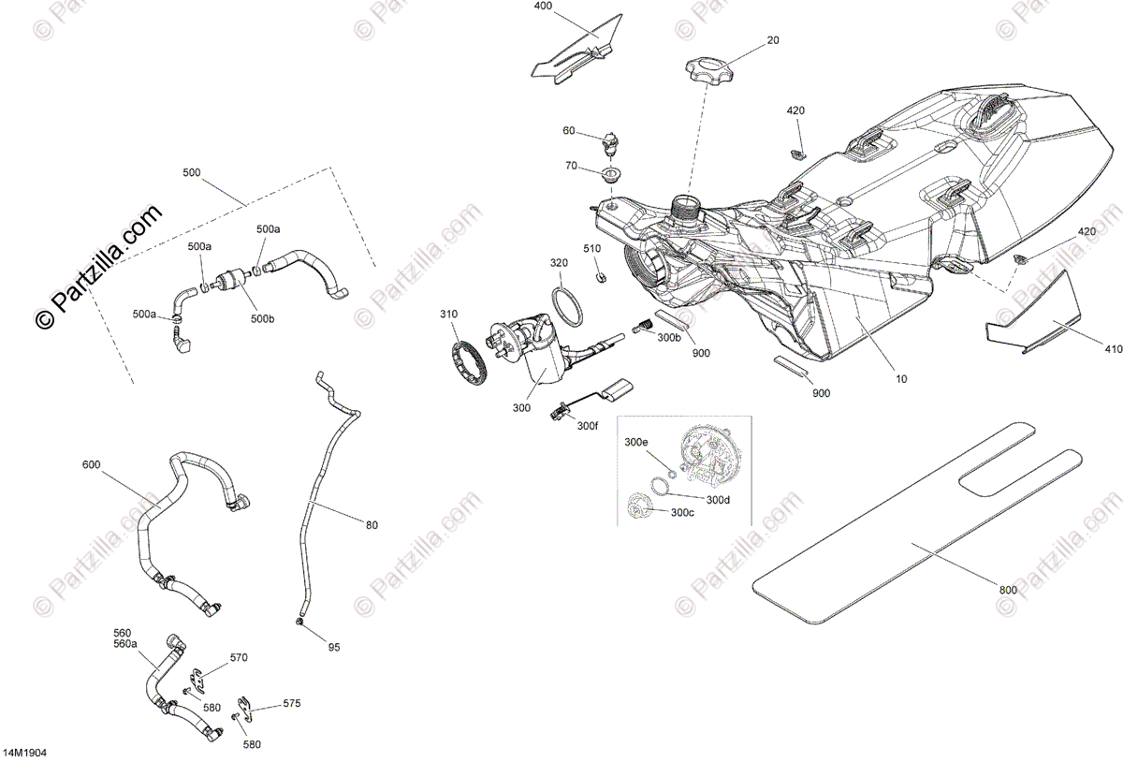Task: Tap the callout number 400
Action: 544,6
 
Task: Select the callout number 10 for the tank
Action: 901,379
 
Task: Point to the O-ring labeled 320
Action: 566,303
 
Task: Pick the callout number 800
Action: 1008,590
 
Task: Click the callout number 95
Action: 334,647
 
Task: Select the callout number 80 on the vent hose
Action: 372,525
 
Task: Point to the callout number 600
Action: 91,464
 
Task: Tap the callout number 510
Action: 591,248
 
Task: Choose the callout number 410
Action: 1113,350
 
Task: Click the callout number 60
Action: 569,131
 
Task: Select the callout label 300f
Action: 588,426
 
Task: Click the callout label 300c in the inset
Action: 681,512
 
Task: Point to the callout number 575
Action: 292,702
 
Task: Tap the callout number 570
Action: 239,657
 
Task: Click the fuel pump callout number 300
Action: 521,408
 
